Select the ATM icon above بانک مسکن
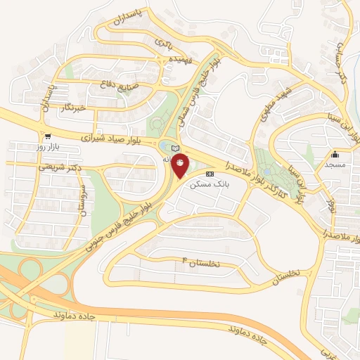click(210, 173)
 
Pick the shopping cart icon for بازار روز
click(47, 137)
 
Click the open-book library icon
click(175, 146)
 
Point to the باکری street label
click(162, 43)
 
